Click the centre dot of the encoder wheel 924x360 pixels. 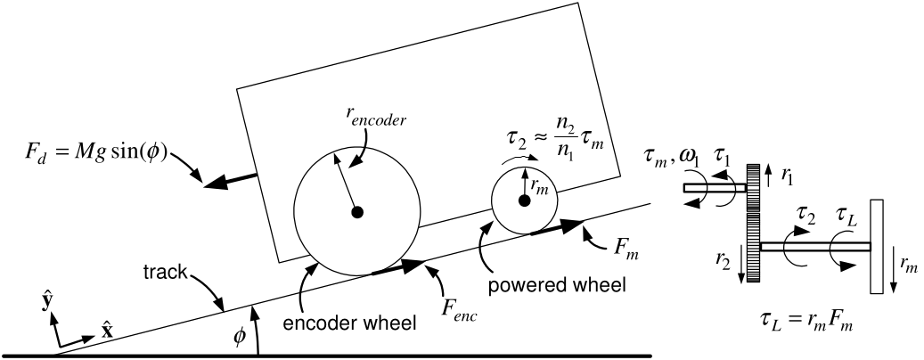pyautogui.click(x=356, y=212)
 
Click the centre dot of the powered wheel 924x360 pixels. pyautogui.click(x=524, y=200)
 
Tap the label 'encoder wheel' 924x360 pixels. pyautogui.click(x=350, y=323)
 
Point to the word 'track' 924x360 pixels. pyautogui.click(x=165, y=272)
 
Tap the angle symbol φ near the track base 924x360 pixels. pyautogui.click(x=239, y=339)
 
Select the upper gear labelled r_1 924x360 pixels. pyautogui.click(x=754, y=188)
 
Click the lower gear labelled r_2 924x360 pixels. pyautogui.click(x=754, y=248)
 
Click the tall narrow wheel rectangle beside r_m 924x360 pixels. pyautogui.click(x=876, y=246)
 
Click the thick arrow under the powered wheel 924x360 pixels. pyautogui.click(x=558, y=227)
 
